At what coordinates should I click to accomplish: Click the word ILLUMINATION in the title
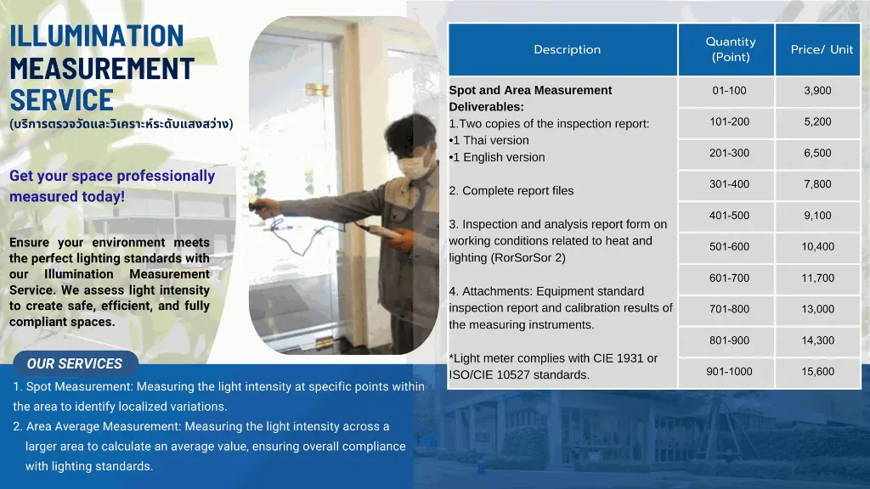pyautogui.click(x=97, y=36)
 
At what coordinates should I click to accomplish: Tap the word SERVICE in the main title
pyautogui.click(x=61, y=100)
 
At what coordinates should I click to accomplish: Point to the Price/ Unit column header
pyautogui.click(x=818, y=49)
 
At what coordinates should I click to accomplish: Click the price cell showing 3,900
pyautogui.click(x=818, y=91)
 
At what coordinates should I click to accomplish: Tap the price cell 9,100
pyautogui.click(x=818, y=216)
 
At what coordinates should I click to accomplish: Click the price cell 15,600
pyautogui.click(x=818, y=372)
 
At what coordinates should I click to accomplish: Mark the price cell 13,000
pyautogui.click(x=818, y=309)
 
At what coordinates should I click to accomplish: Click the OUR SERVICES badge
pyautogui.click(x=76, y=363)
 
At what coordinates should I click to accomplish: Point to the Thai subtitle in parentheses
pyautogui.click(x=121, y=124)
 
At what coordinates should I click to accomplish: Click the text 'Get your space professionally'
pyautogui.click(x=112, y=176)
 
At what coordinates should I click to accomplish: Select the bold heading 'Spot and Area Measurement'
pyautogui.click(x=530, y=90)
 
